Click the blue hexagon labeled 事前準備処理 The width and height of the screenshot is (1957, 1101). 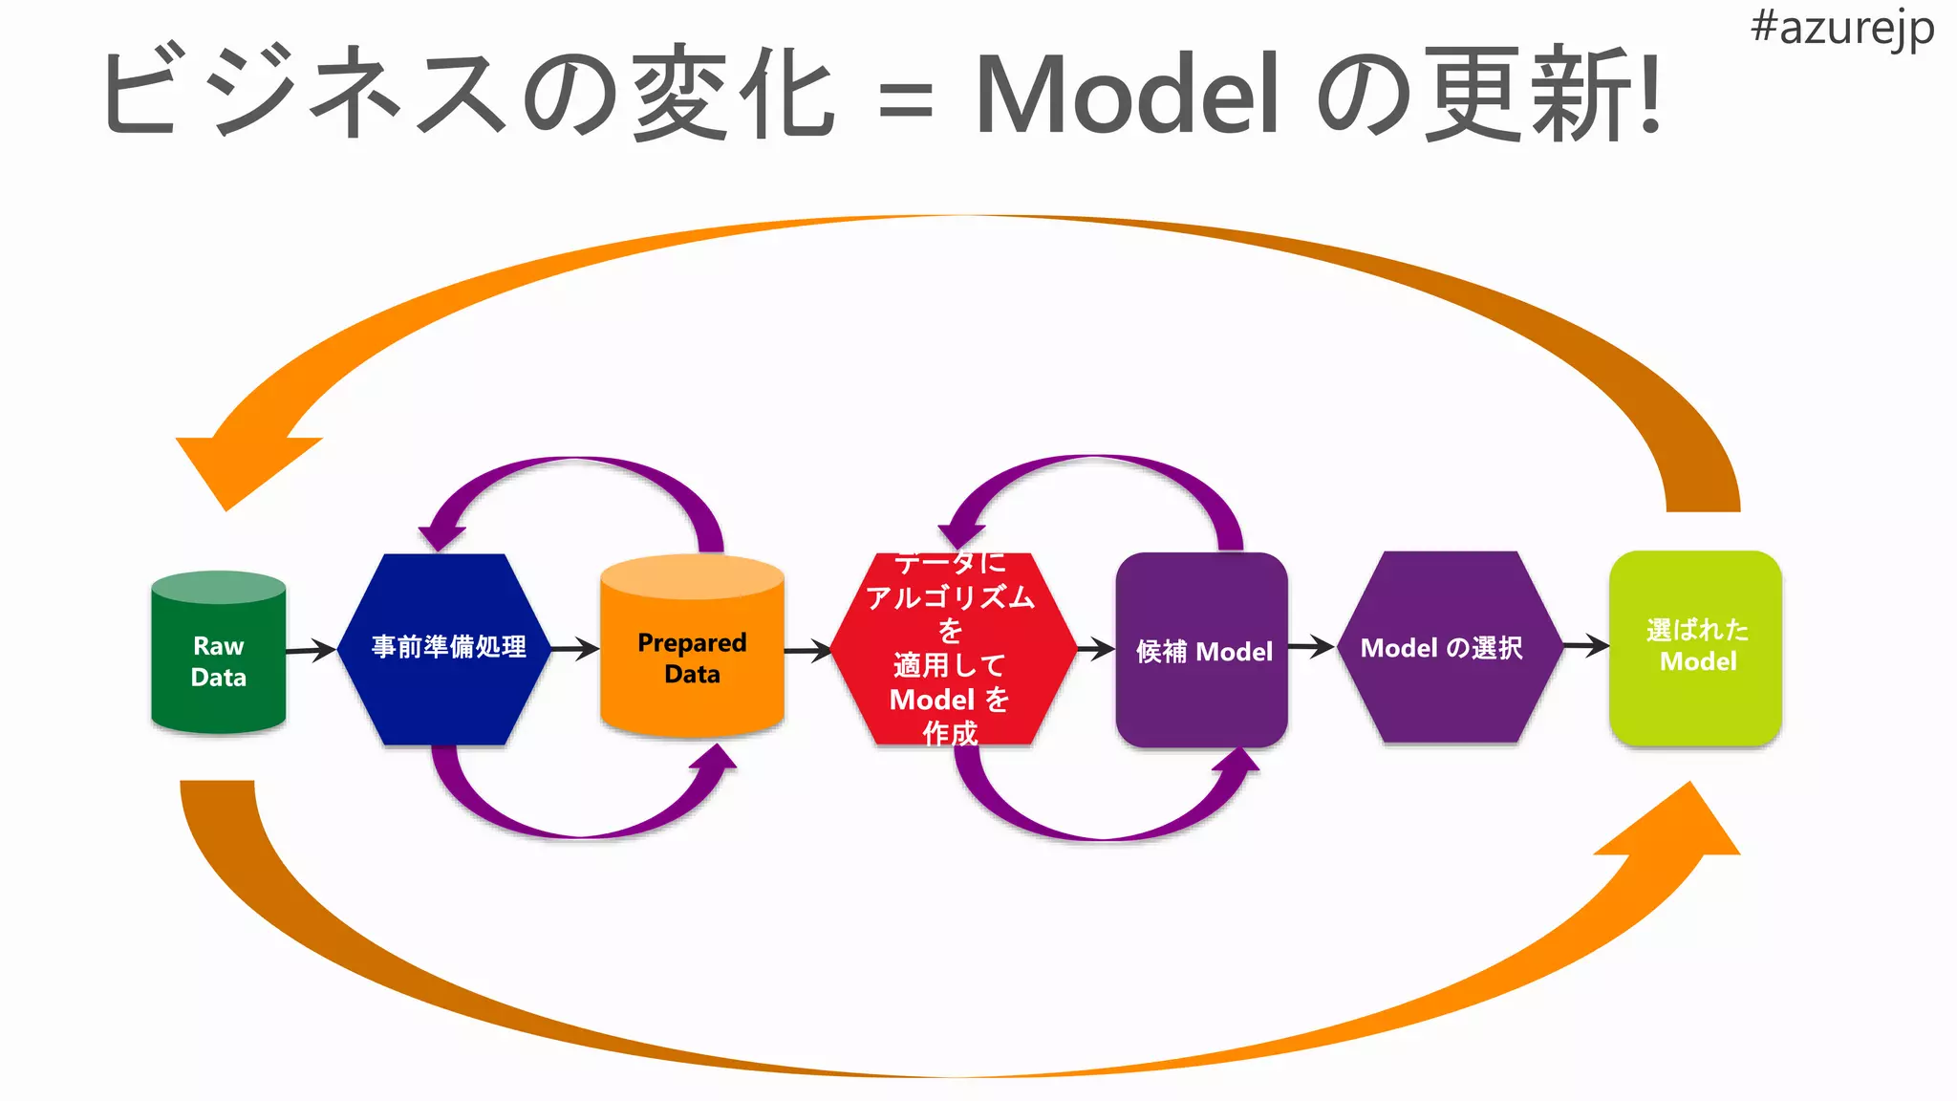click(447, 648)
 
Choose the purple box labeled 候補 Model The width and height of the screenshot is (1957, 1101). click(1201, 650)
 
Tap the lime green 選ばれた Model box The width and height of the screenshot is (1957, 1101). click(1696, 647)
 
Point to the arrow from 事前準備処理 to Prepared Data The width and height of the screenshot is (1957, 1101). click(575, 649)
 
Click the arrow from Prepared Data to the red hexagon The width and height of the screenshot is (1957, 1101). click(808, 652)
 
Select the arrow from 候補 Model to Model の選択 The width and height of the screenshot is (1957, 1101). click(1311, 647)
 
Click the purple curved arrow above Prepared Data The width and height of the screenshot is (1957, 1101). click(573, 468)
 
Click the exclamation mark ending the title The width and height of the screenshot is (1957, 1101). click(1650, 95)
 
